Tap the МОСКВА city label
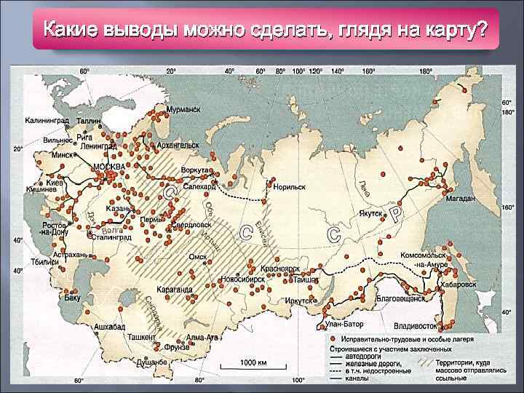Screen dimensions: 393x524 pyautogui.click(x=109, y=167)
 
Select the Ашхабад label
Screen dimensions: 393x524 pyautogui.click(x=110, y=327)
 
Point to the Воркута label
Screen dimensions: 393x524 pyautogui.click(x=195, y=170)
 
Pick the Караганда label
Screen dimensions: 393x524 pyautogui.click(x=175, y=289)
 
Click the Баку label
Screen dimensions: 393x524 pyautogui.click(x=72, y=298)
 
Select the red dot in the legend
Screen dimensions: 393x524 pyautogui.click(x=333, y=339)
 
